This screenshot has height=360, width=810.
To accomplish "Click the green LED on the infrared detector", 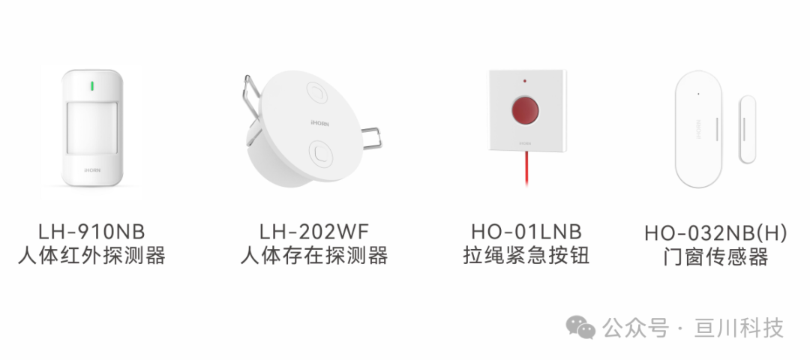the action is point(92,85).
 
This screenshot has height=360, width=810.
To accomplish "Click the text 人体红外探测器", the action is point(91,256).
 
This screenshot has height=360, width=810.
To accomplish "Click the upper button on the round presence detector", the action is point(318,94).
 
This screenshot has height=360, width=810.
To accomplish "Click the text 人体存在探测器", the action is point(314,256).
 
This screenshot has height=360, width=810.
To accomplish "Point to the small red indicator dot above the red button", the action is point(525,80).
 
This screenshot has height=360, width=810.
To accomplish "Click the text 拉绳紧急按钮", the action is point(526,256).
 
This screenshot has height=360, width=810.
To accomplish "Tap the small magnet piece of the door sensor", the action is point(747,129).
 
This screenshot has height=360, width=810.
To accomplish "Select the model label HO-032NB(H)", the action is point(716,233).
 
